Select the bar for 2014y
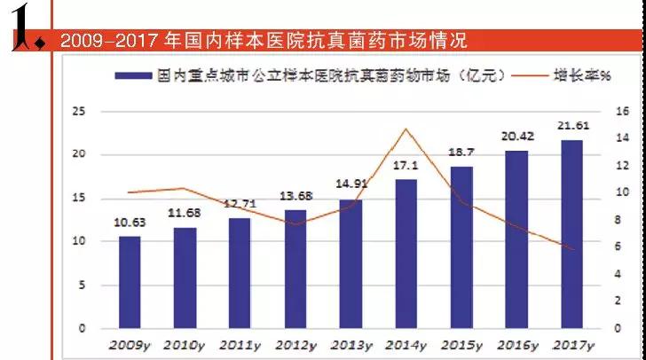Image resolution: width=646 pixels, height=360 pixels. click(406, 254)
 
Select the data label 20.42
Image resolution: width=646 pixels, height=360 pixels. click(516, 137)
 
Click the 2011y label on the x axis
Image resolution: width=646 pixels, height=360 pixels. click(240, 344)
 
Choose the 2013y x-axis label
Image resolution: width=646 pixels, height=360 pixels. click(350, 344)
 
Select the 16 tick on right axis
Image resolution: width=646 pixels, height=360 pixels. click(621, 111)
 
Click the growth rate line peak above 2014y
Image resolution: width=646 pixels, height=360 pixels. click(406, 129)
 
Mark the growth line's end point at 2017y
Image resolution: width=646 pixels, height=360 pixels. click(572, 249)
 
